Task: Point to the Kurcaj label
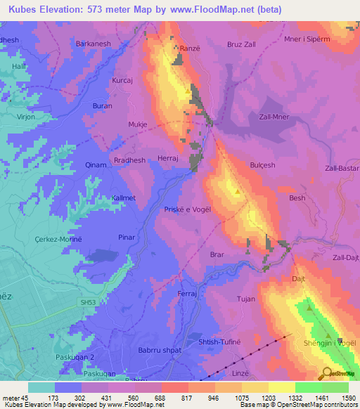pos(123,81)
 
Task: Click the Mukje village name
pos(137,124)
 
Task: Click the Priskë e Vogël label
pos(188,210)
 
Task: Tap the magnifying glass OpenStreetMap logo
pos(328,372)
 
